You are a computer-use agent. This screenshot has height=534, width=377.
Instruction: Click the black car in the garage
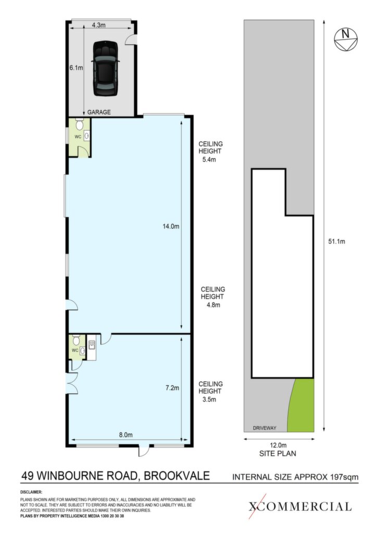click(x=106, y=69)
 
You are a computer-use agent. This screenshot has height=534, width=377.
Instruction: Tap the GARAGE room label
click(x=99, y=112)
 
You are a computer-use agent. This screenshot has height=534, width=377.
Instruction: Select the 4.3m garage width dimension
click(x=98, y=25)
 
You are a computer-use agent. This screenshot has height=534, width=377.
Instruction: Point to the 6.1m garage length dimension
click(x=76, y=68)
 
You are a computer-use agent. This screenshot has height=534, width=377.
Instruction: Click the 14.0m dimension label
click(x=171, y=226)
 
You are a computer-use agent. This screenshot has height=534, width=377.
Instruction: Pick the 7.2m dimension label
click(x=172, y=387)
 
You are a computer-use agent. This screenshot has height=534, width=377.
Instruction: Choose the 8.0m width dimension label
click(x=126, y=434)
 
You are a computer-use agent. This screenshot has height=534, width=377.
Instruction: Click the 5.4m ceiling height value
click(x=209, y=160)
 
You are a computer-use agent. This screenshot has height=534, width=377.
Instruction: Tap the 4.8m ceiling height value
click(x=213, y=305)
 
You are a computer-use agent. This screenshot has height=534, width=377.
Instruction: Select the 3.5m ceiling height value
click(x=209, y=399)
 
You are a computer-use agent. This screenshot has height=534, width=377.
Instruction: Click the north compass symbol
click(x=346, y=40)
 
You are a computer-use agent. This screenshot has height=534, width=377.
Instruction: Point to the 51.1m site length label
click(x=336, y=241)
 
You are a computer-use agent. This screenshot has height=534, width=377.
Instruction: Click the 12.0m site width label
click(x=279, y=445)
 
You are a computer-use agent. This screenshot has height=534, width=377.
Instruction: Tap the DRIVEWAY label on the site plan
click(x=265, y=428)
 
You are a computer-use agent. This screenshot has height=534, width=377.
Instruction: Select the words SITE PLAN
click(x=278, y=454)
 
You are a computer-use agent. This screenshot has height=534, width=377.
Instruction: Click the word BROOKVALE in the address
click(x=177, y=476)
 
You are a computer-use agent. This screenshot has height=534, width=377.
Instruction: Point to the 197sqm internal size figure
click(x=344, y=477)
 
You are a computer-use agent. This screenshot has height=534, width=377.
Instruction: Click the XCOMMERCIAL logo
click(x=299, y=506)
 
